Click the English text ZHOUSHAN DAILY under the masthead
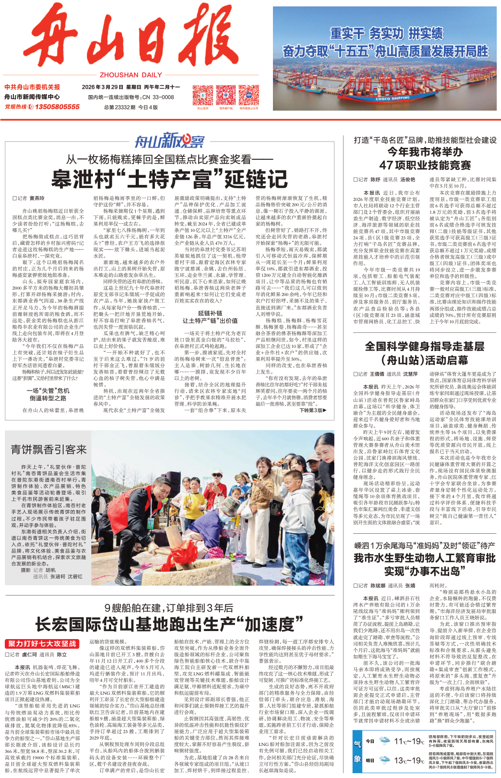(x=130, y=75)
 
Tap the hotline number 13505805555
(x=57, y=107)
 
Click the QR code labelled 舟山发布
(x=202, y=95)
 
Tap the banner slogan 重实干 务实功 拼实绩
(x=386, y=34)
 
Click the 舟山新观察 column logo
(x=169, y=141)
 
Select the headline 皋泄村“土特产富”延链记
(x=169, y=180)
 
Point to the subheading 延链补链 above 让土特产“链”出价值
(x=210, y=313)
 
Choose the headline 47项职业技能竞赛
(x=425, y=165)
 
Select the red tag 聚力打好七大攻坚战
(x=42, y=644)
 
